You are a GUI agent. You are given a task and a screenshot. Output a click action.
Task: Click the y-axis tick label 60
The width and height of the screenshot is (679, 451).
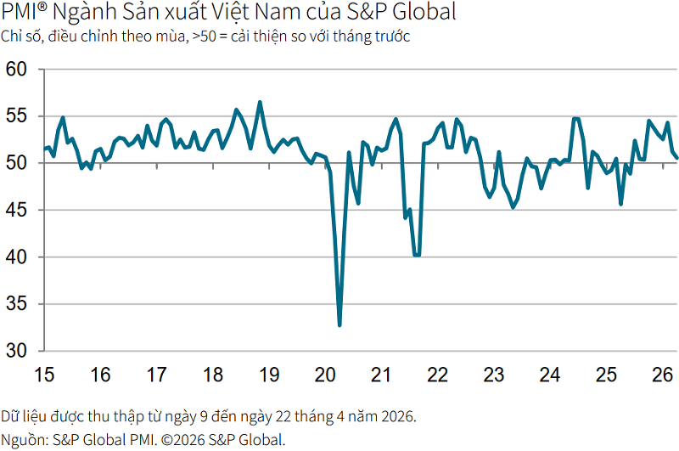coord(16,70)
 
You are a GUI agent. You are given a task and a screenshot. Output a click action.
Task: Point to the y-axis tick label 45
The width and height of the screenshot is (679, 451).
coord(16,210)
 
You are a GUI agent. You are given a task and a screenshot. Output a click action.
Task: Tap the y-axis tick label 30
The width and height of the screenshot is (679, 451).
coord(16,351)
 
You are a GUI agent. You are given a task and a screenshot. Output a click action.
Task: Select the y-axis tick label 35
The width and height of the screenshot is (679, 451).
coord(16,304)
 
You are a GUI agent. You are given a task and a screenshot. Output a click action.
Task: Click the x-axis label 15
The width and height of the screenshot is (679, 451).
coord(44,375)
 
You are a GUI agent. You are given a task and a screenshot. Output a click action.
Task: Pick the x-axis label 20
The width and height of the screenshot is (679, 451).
coord(325,375)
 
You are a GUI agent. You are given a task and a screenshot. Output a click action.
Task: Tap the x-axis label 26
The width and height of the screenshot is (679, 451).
coord(663,375)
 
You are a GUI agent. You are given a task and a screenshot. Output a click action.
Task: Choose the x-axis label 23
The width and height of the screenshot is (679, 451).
coord(494,375)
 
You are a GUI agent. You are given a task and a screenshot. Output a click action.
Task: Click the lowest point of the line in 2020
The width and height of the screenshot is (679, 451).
coord(339,324)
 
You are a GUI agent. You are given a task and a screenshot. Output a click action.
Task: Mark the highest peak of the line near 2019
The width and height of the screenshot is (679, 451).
coord(260,103)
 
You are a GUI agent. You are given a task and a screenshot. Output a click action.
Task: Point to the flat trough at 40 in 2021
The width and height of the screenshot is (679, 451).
coord(417,255)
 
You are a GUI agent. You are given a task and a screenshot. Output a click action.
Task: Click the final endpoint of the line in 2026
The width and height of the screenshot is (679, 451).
coord(676,158)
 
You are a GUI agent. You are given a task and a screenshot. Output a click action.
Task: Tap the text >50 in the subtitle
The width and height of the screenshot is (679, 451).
coord(204,37)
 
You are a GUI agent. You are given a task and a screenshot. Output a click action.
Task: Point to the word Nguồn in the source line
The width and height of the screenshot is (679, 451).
coord(25,440)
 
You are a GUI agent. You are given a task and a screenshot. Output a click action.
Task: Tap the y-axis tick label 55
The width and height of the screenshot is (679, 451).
coord(16,116)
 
